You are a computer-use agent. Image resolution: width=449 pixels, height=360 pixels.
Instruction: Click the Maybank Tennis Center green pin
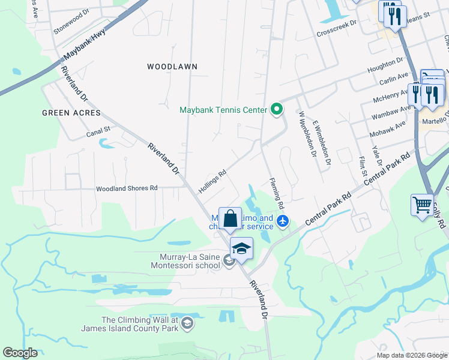277,109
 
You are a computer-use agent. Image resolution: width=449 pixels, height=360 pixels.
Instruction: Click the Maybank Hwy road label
85,45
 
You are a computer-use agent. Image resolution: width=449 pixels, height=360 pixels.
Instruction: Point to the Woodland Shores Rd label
127,188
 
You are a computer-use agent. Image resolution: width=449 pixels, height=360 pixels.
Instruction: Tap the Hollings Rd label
212,180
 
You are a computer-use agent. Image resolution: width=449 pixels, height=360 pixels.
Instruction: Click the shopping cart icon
422,205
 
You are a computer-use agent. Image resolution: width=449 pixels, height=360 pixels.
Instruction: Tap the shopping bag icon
230,219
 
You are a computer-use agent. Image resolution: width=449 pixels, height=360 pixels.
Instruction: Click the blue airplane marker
283,222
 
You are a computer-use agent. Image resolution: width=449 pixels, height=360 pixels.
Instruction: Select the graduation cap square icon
241,249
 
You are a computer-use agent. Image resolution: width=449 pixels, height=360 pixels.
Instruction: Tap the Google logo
20,353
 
